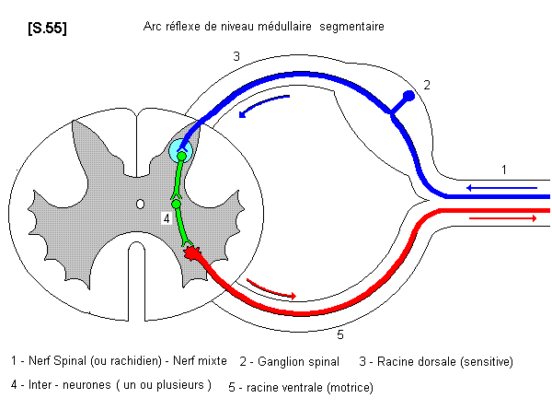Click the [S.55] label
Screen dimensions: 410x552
[x=48, y=29]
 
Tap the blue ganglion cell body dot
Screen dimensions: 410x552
[x=409, y=96]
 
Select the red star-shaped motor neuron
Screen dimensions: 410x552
[x=193, y=252]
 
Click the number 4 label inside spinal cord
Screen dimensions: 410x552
[x=166, y=218]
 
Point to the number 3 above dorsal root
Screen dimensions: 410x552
[x=236, y=57]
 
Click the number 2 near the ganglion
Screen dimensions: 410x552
[x=427, y=85]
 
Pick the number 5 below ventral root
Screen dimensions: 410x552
[x=339, y=334]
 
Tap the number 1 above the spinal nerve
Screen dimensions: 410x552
[x=503, y=170]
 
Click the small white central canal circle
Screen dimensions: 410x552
[x=140, y=203]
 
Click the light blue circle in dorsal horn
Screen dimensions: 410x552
[x=181, y=150]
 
